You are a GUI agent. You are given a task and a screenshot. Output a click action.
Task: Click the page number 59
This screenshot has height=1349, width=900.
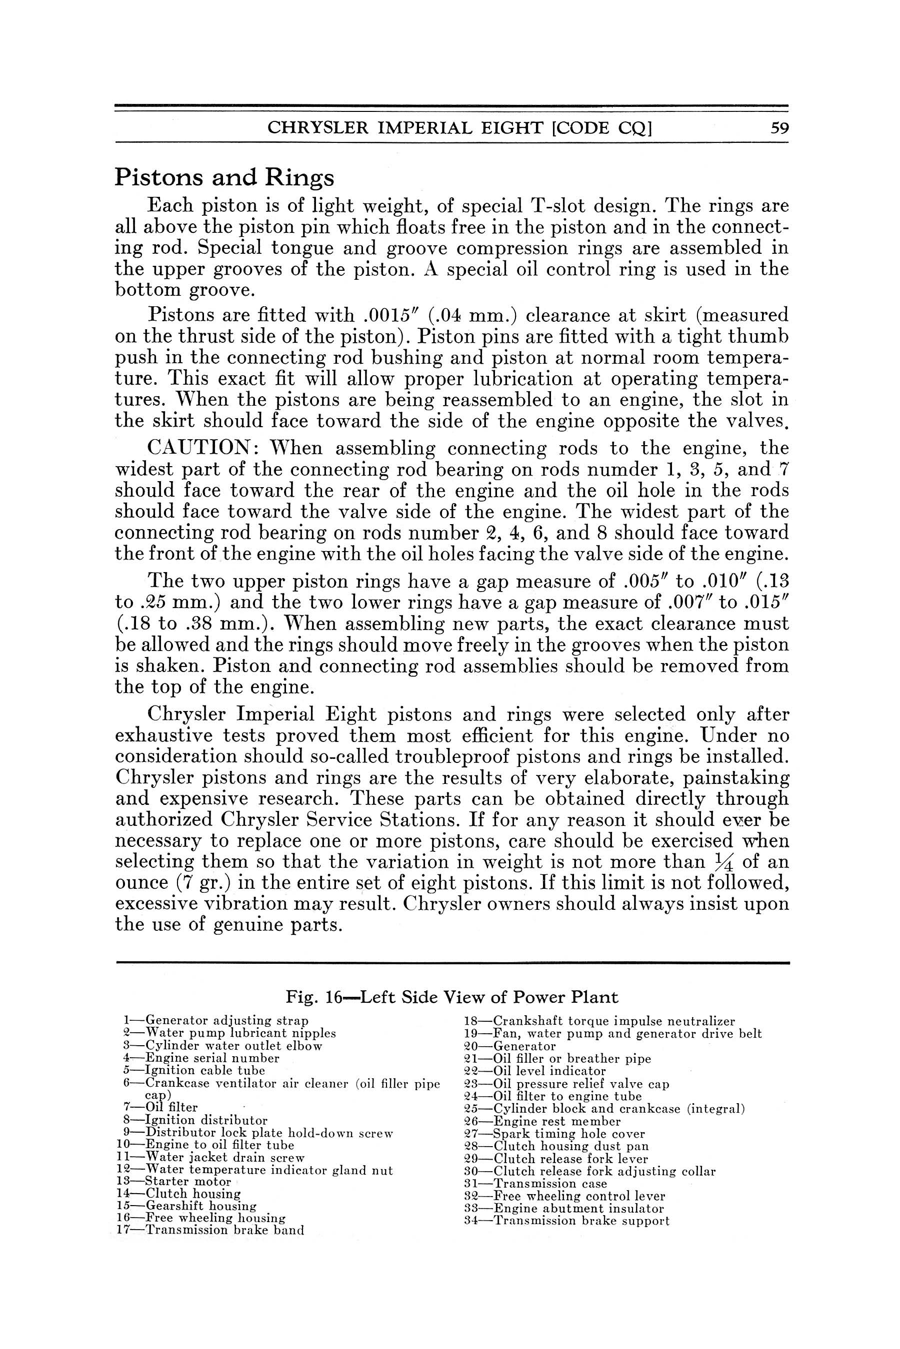[x=779, y=127]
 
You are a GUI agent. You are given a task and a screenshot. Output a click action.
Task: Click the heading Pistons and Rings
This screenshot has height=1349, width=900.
[x=224, y=177]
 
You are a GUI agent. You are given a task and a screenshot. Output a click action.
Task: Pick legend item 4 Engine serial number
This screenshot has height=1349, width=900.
[x=201, y=1058]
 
